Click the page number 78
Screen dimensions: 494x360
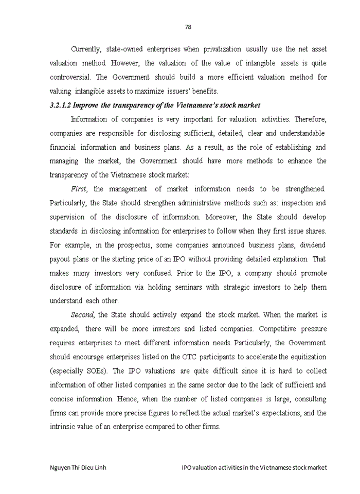pos(188,27)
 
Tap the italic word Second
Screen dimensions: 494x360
pos(83,314)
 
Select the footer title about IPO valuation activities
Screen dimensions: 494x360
pos(254,467)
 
